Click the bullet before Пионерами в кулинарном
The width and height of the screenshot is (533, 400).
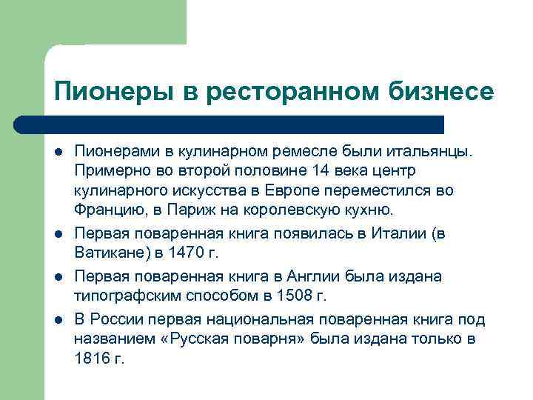58,152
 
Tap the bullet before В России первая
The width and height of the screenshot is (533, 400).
58,319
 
